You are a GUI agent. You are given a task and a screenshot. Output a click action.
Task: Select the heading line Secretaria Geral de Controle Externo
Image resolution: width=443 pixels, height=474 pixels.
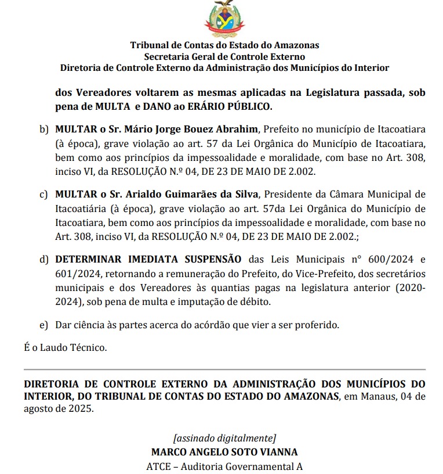(x=224, y=56)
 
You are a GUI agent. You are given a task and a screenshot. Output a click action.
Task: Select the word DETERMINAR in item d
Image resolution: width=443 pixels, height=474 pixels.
(x=86, y=258)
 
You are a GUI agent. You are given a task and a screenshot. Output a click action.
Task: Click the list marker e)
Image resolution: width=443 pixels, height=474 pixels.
(x=43, y=324)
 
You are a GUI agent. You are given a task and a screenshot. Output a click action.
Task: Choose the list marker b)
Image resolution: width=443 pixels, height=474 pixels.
(x=43, y=128)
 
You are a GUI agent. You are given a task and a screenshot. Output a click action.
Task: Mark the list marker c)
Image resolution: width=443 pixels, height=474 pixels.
(x=43, y=193)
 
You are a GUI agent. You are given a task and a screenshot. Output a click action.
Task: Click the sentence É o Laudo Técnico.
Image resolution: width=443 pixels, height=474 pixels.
(x=65, y=347)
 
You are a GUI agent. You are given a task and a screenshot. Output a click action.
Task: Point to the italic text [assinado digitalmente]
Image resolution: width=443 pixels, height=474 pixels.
(x=224, y=438)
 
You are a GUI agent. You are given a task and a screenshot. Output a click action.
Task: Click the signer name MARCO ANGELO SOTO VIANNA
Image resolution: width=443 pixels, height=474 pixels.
(x=224, y=451)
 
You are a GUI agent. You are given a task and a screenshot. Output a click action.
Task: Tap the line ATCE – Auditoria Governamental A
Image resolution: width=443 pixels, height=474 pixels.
(x=224, y=466)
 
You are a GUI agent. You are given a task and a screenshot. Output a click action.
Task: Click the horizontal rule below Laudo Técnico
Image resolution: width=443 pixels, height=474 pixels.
(x=224, y=369)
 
